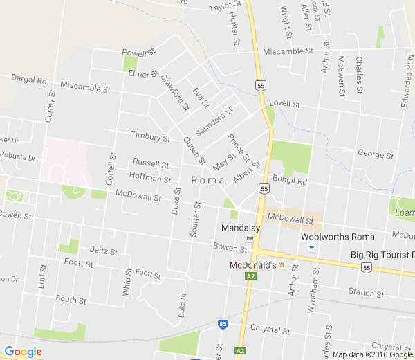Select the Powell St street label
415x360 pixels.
point(139,53)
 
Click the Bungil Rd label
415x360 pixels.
point(288,181)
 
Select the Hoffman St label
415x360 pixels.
point(150,179)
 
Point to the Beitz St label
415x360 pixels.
point(104,250)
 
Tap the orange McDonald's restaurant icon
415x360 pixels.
point(282,265)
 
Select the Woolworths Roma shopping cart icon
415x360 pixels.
point(312,247)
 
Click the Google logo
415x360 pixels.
point(23,352)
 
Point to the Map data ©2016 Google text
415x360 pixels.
point(372,354)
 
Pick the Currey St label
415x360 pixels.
point(50,105)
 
